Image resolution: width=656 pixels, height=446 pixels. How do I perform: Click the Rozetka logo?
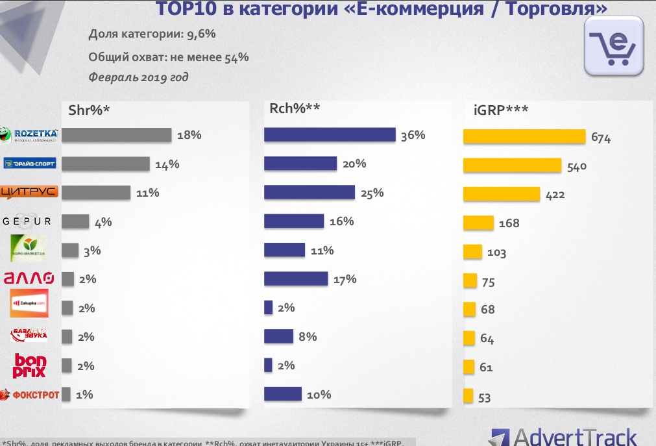click(30, 134)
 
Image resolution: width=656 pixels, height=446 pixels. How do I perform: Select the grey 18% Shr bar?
click(116, 135)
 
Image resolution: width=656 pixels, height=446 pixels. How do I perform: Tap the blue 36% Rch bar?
click(330, 134)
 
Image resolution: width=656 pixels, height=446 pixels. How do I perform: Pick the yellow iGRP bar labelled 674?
click(524, 136)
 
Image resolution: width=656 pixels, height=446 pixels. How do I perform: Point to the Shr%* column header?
click(89, 110)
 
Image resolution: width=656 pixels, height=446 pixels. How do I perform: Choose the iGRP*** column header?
click(502, 110)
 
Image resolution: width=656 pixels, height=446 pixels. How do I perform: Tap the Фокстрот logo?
click(30, 394)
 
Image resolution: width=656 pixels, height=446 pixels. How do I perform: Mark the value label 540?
click(577, 167)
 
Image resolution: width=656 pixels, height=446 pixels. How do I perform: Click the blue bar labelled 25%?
click(310, 192)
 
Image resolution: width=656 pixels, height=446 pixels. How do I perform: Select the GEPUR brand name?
click(27, 221)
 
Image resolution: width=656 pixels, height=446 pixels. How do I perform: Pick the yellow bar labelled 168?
click(478, 223)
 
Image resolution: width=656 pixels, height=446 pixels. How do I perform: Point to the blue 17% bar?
click(296, 279)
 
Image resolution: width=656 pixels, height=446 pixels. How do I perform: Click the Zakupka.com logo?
click(30, 303)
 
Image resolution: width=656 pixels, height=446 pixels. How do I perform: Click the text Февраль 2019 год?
click(138, 77)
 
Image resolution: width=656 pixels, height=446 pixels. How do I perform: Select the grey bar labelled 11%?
click(96, 192)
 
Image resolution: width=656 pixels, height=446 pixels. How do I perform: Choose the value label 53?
click(484, 398)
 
